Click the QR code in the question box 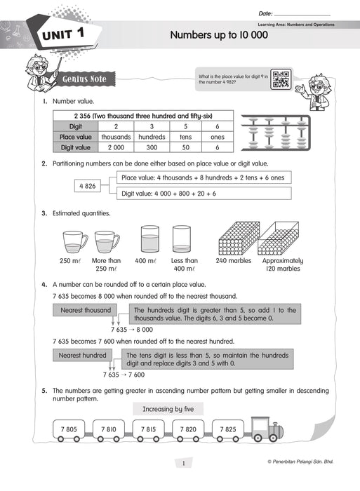tap(281, 79)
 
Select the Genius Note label tap(84, 79)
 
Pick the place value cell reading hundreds tap(152, 137)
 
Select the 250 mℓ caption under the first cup tap(71, 261)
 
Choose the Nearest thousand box tap(85, 310)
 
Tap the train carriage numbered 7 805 tap(69, 429)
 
